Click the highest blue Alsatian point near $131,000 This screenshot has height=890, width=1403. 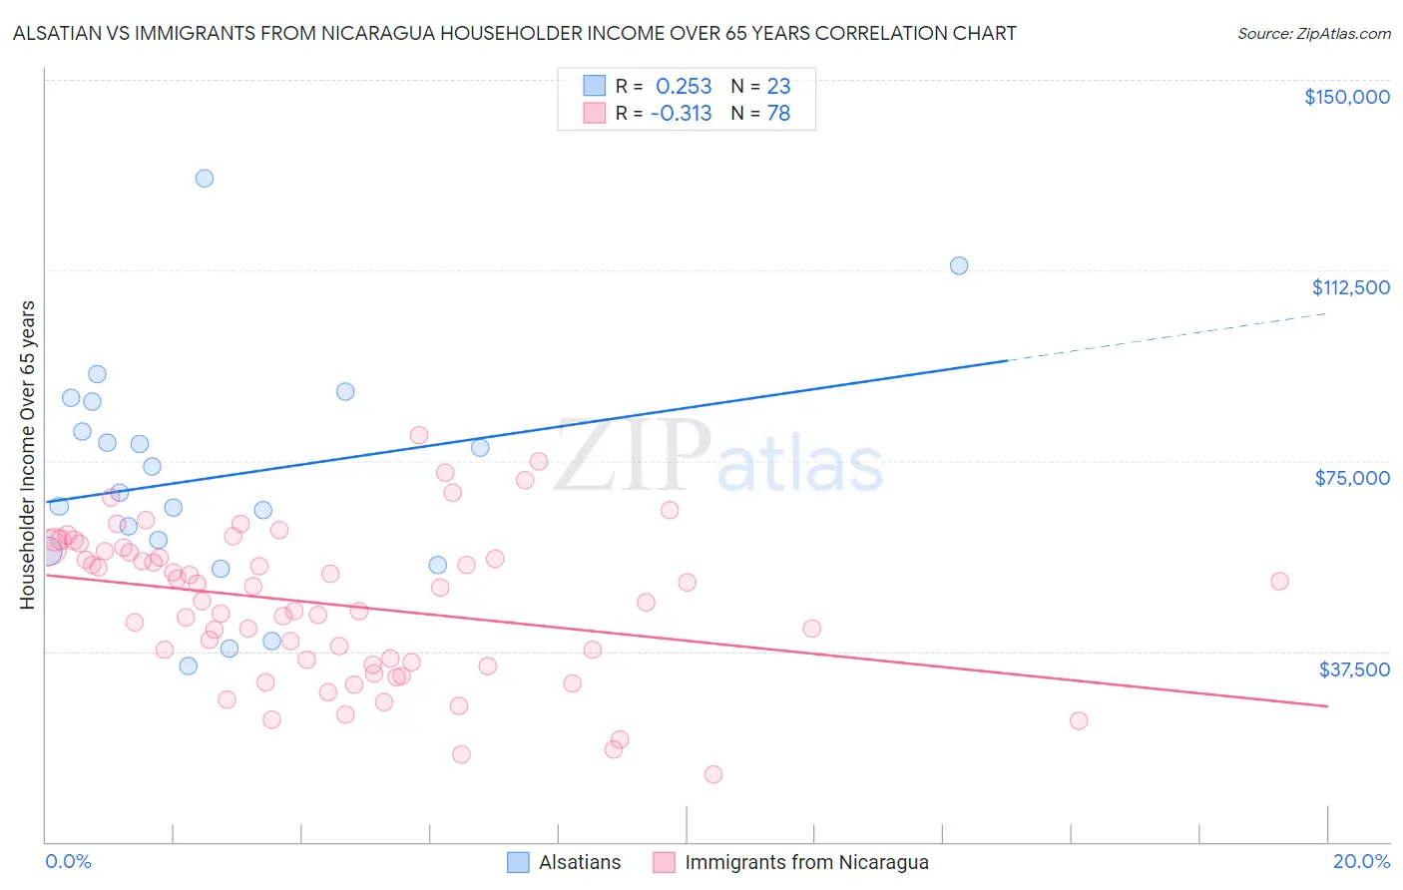pyautogui.click(x=205, y=179)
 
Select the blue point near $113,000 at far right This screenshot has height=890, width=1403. pyautogui.click(x=959, y=265)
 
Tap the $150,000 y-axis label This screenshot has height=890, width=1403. pyautogui.click(x=1347, y=97)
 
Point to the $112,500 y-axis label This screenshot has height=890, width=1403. pyautogui.click(x=1350, y=287)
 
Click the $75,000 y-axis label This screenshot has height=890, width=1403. pyautogui.click(x=1352, y=478)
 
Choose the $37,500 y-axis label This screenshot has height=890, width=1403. pyautogui.click(x=1354, y=669)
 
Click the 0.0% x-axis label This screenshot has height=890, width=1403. pyautogui.click(x=68, y=861)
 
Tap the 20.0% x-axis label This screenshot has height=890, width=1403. pyautogui.click(x=1361, y=861)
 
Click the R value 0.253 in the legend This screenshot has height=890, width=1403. pyautogui.click(x=684, y=86)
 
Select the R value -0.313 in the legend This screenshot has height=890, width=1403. pyautogui.click(x=681, y=114)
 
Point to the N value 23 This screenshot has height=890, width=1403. pyautogui.click(x=778, y=86)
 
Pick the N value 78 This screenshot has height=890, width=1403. pyautogui.click(x=778, y=114)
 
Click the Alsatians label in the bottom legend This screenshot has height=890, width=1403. pyautogui.click(x=580, y=863)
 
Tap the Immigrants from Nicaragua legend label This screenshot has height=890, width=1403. pyautogui.click(x=806, y=863)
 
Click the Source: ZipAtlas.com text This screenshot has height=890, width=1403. pyautogui.click(x=1313, y=34)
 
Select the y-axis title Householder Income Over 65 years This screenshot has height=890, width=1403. pyautogui.click(x=28, y=454)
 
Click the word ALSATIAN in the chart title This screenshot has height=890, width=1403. pyautogui.click(x=58, y=34)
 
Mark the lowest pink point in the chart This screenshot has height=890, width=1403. pyautogui.click(x=712, y=774)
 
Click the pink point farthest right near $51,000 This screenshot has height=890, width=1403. pyautogui.click(x=1279, y=581)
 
